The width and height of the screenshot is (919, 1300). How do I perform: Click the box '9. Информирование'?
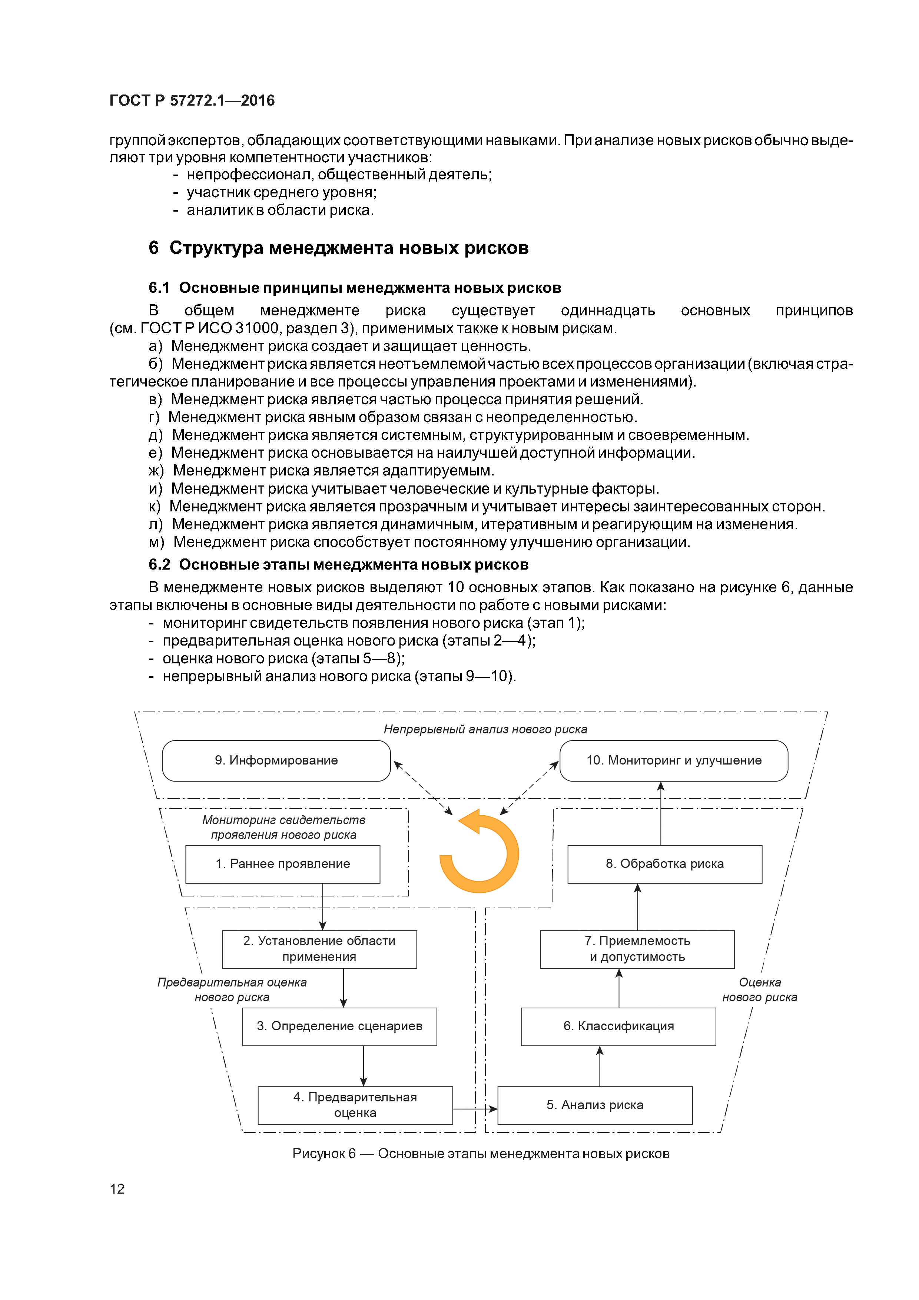pyautogui.click(x=276, y=760)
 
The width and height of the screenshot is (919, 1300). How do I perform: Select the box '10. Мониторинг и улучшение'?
pyautogui.click(x=673, y=760)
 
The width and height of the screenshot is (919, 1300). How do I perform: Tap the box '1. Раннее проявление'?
pyautogui.click(x=282, y=863)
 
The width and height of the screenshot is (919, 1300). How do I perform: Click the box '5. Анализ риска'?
pyautogui.click(x=594, y=1105)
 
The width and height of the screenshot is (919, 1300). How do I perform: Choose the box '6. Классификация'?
pyautogui.click(x=618, y=1026)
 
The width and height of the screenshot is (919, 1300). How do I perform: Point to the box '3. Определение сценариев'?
pyautogui.click(x=339, y=1026)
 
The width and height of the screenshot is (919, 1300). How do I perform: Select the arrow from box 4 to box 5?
pyautogui.click(x=474, y=1109)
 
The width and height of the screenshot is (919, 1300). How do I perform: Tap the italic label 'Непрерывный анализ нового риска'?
pyautogui.click(x=485, y=729)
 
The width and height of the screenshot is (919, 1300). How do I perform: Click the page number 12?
pyautogui.click(x=117, y=1188)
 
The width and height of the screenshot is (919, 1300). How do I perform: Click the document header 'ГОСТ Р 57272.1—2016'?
pyautogui.click(x=192, y=101)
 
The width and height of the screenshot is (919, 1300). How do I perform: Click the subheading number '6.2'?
pyautogui.click(x=159, y=564)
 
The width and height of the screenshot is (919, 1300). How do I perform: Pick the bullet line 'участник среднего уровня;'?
pyautogui.click(x=281, y=192)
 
